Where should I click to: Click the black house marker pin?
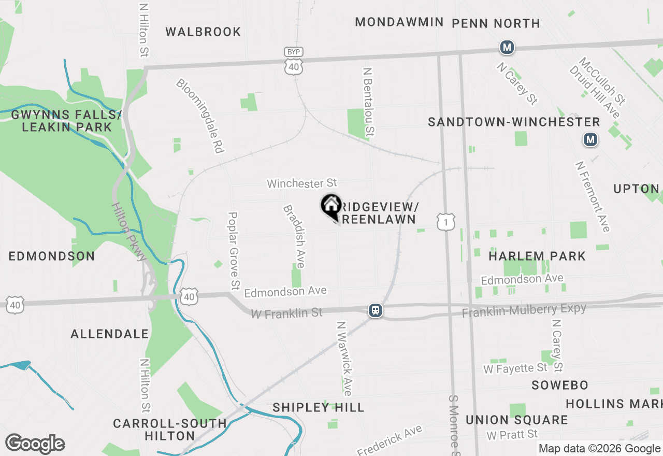click(x=331, y=206)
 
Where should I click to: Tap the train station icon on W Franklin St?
click(x=376, y=310)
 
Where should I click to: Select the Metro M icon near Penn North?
click(x=507, y=48)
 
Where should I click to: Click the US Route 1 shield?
click(x=446, y=221)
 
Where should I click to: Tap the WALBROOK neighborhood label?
click(x=203, y=32)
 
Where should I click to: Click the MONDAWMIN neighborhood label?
click(x=399, y=22)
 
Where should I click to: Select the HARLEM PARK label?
click(x=537, y=256)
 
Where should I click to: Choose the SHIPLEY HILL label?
click(x=319, y=407)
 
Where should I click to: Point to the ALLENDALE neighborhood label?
click(x=110, y=334)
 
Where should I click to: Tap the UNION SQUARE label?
click(x=516, y=420)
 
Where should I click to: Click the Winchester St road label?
click(x=302, y=183)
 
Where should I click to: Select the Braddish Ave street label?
click(x=294, y=236)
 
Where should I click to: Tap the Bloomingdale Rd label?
click(x=199, y=116)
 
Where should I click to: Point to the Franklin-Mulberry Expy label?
click(x=524, y=310)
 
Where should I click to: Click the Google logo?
click(x=35, y=444)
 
